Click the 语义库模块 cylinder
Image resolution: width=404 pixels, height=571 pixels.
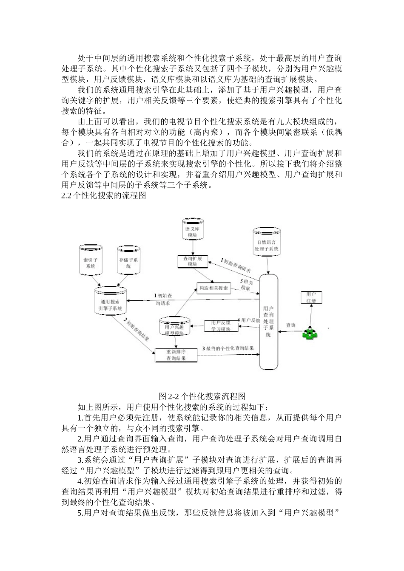[193, 231]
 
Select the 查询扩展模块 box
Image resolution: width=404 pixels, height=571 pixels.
[192, 261]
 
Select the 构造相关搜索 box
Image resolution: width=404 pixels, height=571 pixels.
[213, 288]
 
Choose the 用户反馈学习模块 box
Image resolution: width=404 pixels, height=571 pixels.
[220, 326]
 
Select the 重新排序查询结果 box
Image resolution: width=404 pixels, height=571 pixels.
[176, 355]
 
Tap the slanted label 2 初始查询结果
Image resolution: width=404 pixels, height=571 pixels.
[136, 332]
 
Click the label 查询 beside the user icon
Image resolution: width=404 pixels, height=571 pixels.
[291, 325]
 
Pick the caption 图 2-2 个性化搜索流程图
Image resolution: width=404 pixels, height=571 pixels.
[202, 396]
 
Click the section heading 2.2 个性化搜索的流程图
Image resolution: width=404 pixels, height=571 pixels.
[104, 196]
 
